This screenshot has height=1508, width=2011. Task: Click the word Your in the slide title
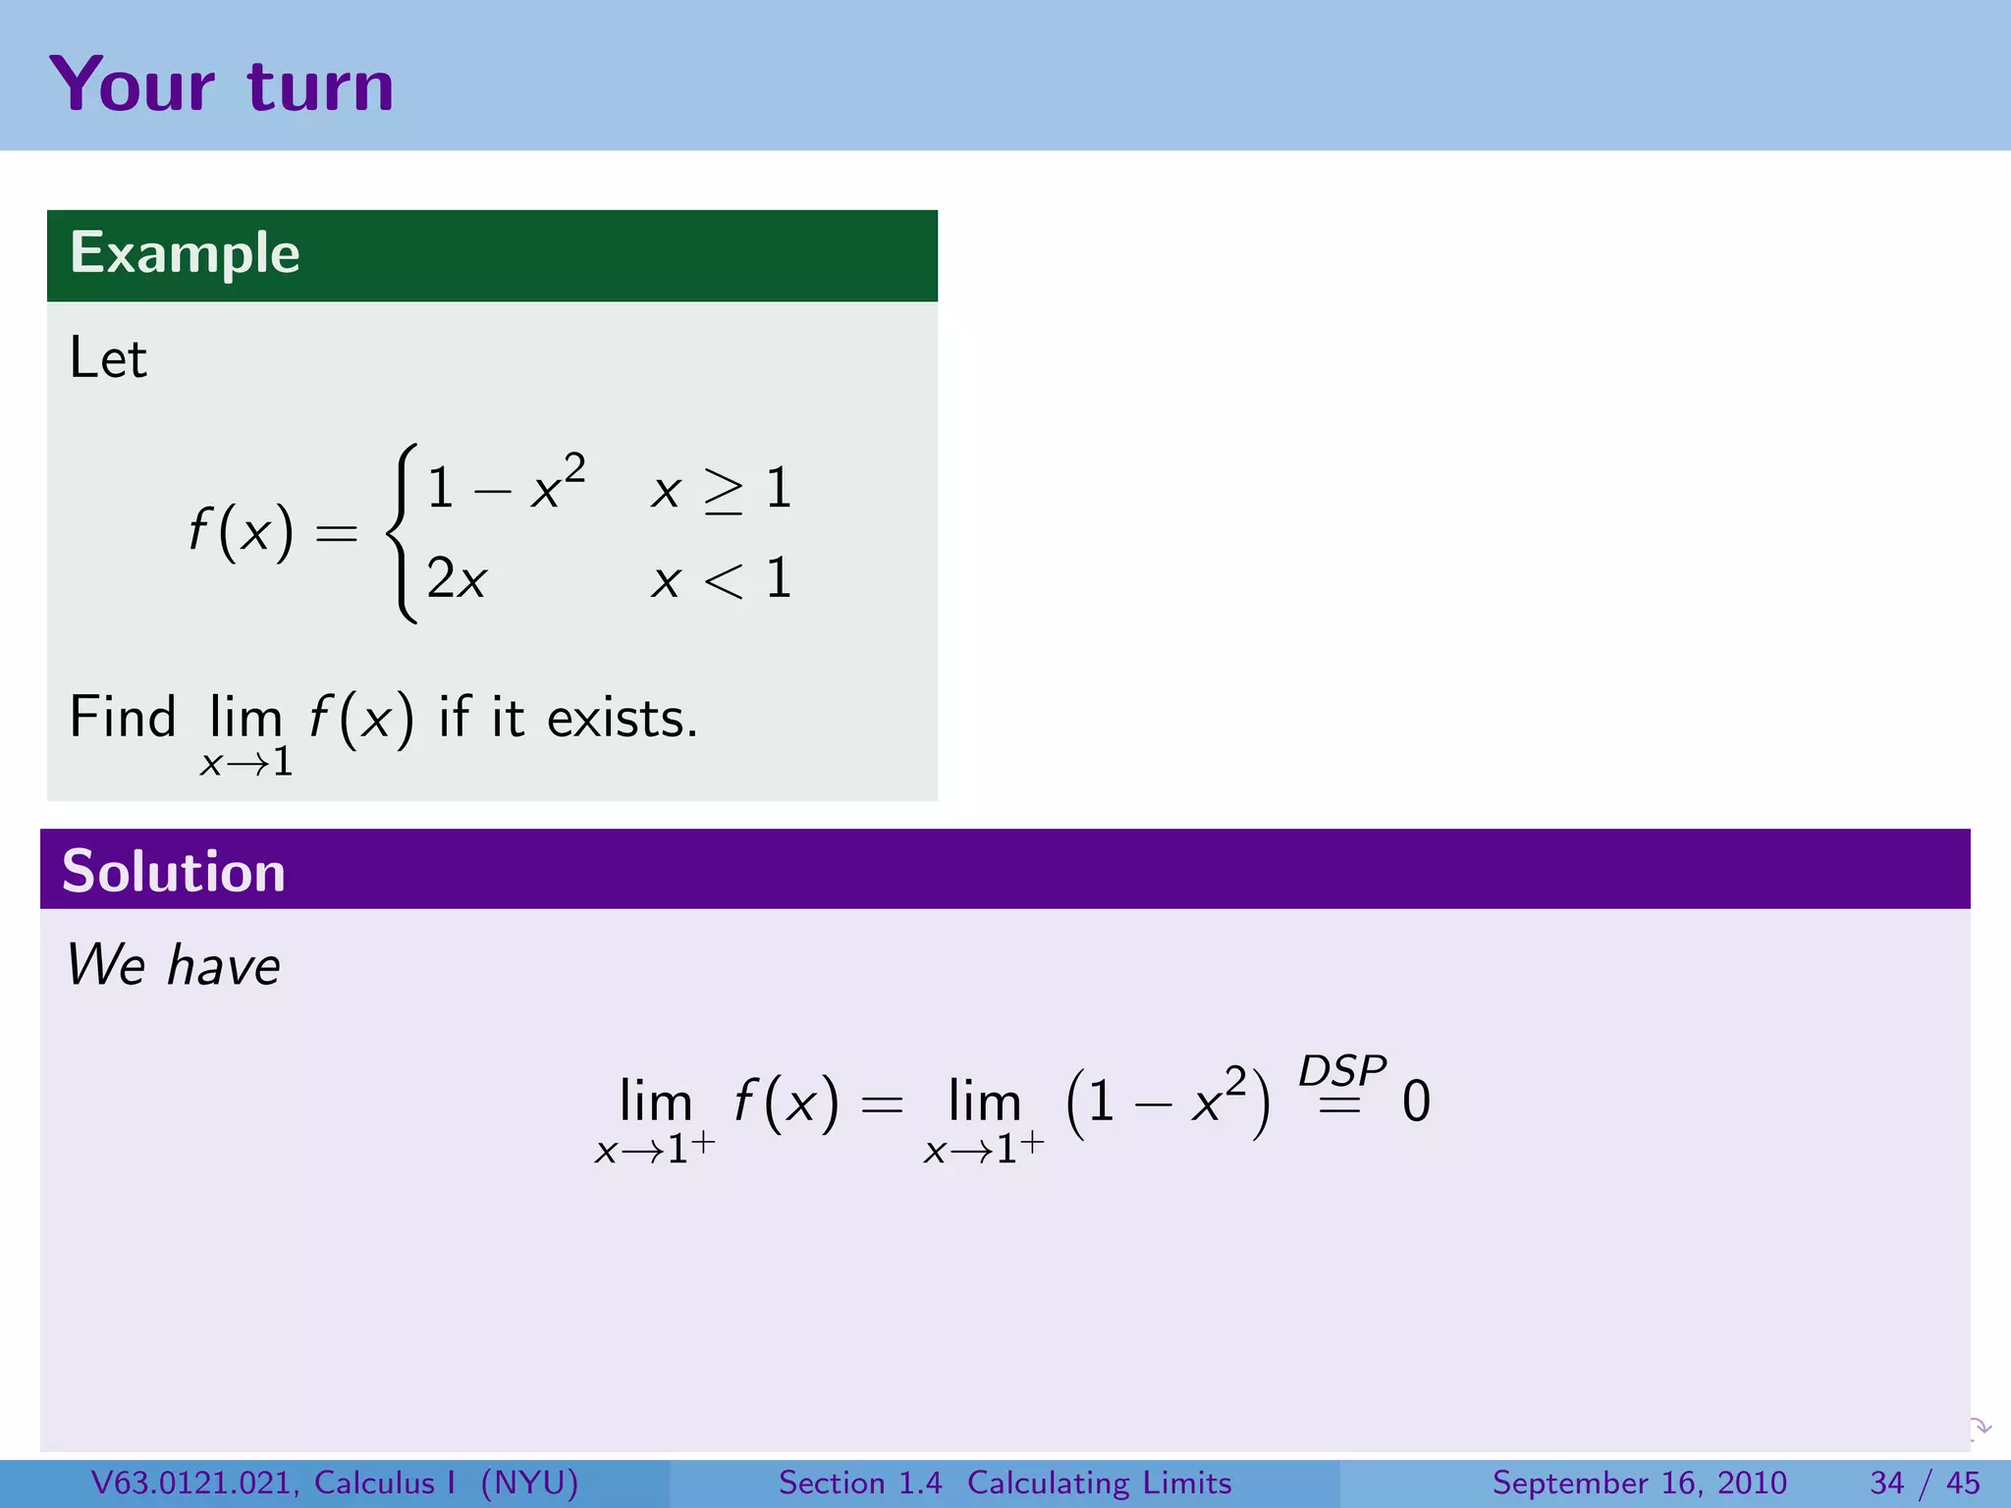132,86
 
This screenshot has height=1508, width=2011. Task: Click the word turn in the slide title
320,86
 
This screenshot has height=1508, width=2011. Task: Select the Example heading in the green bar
185,253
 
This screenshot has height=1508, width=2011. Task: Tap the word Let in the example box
108,358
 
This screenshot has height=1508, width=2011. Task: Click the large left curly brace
402,533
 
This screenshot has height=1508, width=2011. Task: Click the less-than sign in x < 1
724,580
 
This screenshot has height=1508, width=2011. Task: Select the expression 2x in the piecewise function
457,579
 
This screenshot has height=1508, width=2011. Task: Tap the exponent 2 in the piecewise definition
574,466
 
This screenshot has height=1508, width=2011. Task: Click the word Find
123,717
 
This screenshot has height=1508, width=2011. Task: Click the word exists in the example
622,719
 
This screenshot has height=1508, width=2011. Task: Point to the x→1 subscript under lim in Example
246,763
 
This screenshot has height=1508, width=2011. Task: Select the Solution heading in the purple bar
174,871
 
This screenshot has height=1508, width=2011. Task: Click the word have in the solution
224,965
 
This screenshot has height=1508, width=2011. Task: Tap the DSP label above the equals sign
1341,1069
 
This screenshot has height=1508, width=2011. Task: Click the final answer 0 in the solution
1416,1102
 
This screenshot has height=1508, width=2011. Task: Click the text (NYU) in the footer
529,1482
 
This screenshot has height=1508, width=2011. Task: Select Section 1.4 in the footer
860,1482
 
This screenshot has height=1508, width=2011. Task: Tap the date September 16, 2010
1639,1482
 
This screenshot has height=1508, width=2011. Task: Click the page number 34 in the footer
1887,1482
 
